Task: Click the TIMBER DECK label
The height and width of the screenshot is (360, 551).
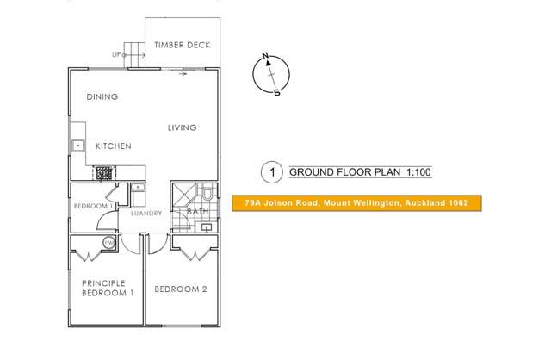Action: (182, 46)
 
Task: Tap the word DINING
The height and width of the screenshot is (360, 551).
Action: (102, 97)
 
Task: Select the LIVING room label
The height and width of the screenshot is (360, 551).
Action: (182, 127)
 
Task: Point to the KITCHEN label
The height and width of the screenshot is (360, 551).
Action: (113, 146)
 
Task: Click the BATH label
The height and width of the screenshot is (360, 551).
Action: (196, 211)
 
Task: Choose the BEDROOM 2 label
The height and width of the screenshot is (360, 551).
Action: (181, 289)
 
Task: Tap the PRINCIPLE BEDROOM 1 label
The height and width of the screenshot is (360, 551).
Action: (108, 288)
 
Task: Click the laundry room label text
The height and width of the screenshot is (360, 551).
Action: (145, 214)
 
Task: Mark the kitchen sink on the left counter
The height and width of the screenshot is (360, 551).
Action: (77, 146)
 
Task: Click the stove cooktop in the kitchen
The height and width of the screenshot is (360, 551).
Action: (104, 173)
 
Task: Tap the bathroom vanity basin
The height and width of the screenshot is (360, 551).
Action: (207, 227)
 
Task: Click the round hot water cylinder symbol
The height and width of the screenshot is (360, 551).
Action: (109, 244)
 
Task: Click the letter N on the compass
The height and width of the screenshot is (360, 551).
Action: (266, 58)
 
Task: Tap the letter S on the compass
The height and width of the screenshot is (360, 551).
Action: (276, 93)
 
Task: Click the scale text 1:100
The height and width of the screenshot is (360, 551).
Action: (415, 172)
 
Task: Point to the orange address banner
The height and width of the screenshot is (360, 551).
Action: (356, 204)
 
